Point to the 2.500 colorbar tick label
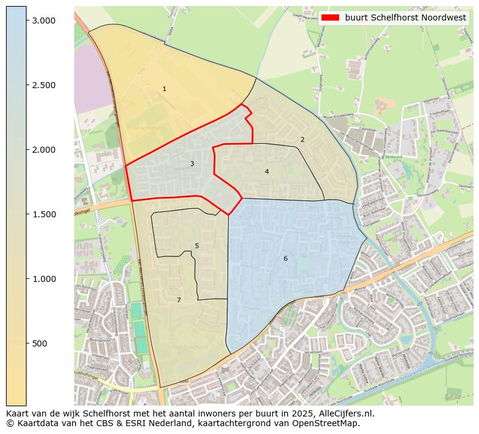click(43, 85)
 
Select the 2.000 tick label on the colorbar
click(43, 150)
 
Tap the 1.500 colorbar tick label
click(43, 214)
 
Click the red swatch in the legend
click(331, 18)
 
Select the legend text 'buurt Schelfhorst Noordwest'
click(405, 18)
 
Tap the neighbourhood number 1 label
click(164, 89)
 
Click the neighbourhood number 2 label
click(302, 140)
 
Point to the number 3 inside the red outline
click(192, 164)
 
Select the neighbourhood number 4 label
click(267, 172)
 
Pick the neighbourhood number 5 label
click(197, 246)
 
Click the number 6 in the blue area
click(285, 259)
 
